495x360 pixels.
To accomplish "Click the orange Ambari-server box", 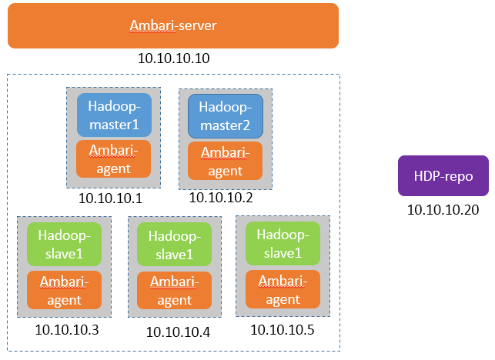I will (173, 26).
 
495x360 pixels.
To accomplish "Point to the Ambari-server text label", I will (173, 26).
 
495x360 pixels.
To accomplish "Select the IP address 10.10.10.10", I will (173, 58).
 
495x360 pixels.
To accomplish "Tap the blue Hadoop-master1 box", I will (114, 115).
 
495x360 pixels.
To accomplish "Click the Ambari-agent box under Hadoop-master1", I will (114, 158).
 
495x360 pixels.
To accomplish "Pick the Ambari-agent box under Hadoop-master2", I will (226, 161).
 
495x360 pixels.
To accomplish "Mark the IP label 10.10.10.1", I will (111, 198).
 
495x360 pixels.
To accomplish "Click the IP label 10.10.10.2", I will (221, 198).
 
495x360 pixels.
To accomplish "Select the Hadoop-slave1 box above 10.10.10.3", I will (65, 244).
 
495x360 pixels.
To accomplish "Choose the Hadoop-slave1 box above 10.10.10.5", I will (283, 242).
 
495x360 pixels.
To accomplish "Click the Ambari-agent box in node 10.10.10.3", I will (65, 289).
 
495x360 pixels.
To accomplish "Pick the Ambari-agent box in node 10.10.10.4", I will (175, 290).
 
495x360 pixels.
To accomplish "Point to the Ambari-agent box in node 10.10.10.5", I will (283, 288).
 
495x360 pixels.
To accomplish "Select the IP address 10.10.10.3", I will (67, 330).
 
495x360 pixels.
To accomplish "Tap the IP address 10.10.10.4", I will (178, 332).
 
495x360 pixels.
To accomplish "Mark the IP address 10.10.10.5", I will (283, 330).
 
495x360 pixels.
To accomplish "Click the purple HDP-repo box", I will (443, 176).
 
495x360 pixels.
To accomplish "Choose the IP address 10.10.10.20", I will (443, 209).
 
